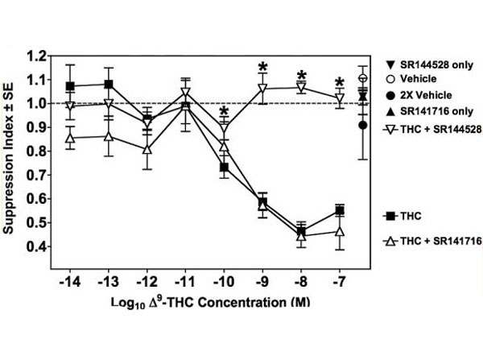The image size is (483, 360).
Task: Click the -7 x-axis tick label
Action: click(340, 283)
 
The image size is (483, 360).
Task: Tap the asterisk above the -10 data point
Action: click(225, 112)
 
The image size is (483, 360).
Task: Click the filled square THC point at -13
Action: click(109, 85)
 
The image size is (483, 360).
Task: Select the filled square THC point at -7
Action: click(340, 210)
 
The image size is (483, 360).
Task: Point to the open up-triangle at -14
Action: click(71, 138)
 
